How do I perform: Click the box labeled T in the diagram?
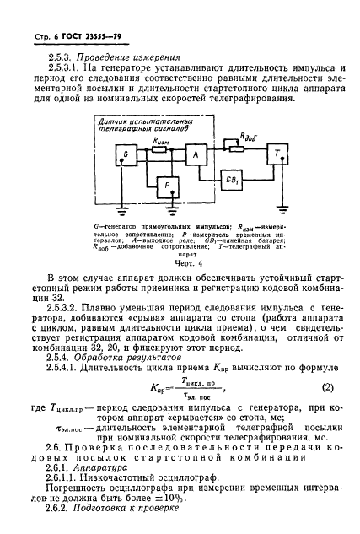click(275, 155)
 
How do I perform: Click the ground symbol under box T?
click(275, 207)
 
